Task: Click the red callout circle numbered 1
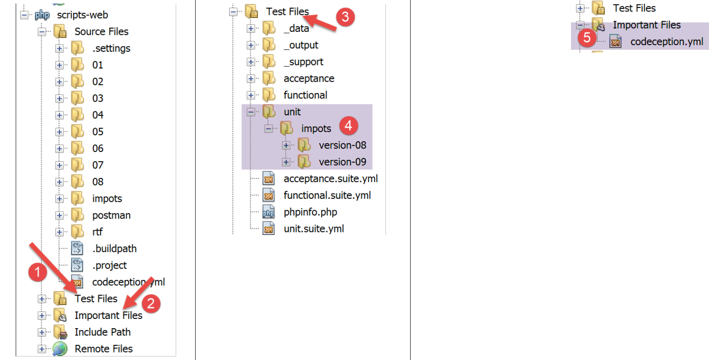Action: [38, 272]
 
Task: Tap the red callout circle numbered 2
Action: [151, 303]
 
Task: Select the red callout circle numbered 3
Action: [345, 17]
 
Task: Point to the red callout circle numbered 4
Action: [348, 125]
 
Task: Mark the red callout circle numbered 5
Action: [587, 38]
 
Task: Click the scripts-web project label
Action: [82, 15]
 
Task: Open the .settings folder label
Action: [111, 48]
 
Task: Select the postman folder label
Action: [111, 215]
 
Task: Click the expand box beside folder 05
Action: [59, 132]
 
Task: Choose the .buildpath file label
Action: [114, 249]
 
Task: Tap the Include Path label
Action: [102, 332]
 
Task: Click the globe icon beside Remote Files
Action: [60, 349]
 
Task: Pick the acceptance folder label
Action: [309, 79]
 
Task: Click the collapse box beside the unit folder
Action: [251, 112]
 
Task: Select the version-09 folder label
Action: [342, 162]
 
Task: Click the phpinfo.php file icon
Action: [268, 212]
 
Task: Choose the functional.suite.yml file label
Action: [327, 195]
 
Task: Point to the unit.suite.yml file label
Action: [313, 229]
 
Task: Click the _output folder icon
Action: [268, 45]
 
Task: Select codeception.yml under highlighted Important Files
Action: [666, 42]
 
